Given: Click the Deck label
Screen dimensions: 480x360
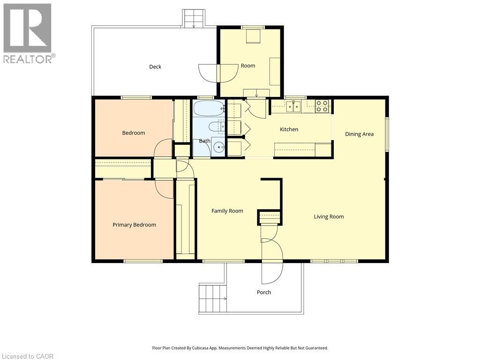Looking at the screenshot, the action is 155,67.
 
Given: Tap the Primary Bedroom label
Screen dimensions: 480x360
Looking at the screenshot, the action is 135,225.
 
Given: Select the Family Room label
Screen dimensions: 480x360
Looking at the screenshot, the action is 227,211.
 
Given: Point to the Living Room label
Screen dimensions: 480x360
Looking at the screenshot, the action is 329,217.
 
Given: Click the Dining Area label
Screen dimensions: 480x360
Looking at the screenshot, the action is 360,134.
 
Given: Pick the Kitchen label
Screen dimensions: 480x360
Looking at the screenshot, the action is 289,129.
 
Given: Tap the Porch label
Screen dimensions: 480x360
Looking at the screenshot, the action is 264,292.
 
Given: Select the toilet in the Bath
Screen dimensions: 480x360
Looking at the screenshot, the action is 217,127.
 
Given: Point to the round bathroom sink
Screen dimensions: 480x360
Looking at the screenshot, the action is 219,148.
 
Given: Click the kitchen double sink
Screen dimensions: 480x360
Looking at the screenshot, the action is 293,106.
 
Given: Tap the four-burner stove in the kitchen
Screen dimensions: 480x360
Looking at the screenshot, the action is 322,106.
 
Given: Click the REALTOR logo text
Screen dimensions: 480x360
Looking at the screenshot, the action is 30,59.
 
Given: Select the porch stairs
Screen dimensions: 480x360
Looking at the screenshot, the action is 213,298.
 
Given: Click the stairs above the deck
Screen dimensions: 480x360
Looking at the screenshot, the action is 194,18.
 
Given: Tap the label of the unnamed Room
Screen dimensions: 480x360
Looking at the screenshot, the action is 248,66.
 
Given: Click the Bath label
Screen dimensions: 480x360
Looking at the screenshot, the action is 204,141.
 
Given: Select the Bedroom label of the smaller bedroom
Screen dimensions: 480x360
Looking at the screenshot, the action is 134,133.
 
